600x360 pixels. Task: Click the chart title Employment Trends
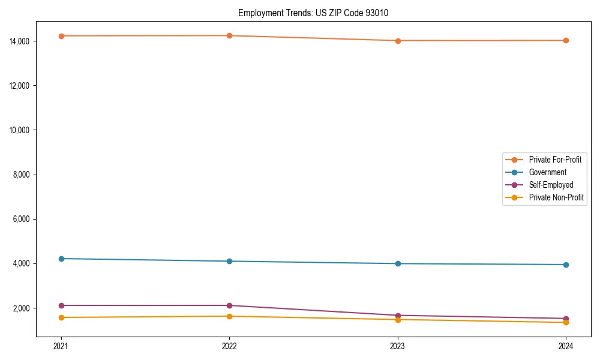click(313, 13)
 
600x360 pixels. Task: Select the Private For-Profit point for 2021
click(61, 36)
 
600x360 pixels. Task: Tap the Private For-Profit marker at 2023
click(398, 41)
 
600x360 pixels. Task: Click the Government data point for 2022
click(229, 261)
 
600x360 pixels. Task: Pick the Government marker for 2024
click(566, 265)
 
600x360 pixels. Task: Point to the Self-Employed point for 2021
click(61, 305)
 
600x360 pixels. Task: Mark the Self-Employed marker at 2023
click(398, 316)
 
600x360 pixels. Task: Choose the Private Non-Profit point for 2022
click(229, 316)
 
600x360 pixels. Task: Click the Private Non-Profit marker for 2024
click(566, 323)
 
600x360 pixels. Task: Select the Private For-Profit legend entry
click(554, 160)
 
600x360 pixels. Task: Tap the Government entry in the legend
click(547, 172)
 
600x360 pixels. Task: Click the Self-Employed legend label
click(551, 185)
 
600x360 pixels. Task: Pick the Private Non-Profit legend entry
click(556, 197)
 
